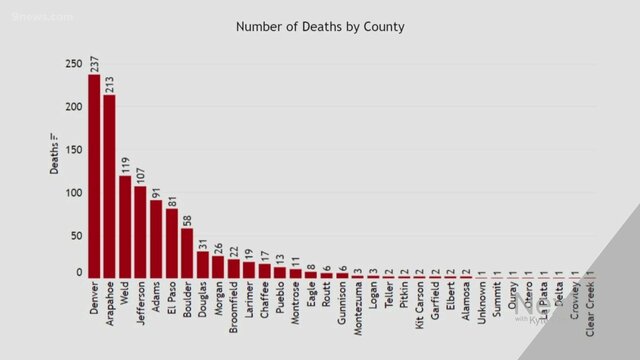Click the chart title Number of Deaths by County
click(x=320, y=26)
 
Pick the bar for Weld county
click(x=125, y=226)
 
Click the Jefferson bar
click(x=140, y=231)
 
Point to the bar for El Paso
click(x=171, y=242)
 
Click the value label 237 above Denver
click(x=94, y=62)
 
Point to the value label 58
click(x=187, y=217)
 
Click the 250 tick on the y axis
click(x=73, y=64)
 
